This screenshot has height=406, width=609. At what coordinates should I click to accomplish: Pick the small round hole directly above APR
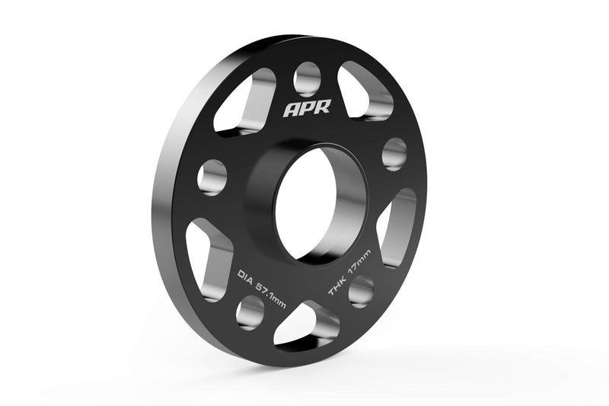[307, 76]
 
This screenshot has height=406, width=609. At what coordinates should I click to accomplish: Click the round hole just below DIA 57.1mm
[250, 310]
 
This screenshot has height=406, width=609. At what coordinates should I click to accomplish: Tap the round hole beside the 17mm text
[361, 290]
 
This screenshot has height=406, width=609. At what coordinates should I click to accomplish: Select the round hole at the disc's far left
[211, 177]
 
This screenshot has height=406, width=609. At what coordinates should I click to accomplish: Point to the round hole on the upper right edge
[394, 153]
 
